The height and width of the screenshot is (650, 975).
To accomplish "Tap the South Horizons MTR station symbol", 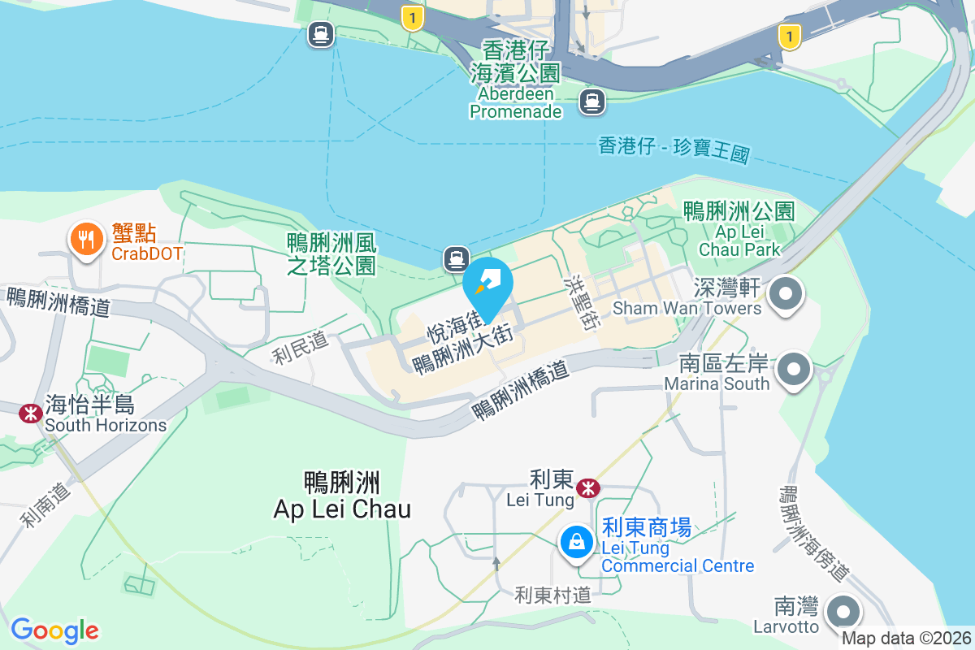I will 31,414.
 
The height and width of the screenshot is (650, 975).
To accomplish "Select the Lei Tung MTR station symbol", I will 587,487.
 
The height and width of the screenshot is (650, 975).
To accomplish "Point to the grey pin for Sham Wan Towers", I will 786,293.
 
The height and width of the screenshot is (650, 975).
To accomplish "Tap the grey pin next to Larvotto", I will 843,612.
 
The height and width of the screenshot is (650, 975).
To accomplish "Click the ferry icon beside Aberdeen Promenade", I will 591,102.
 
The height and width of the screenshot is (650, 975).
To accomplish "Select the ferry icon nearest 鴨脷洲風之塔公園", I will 456,259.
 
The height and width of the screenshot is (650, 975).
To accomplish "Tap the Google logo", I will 55,630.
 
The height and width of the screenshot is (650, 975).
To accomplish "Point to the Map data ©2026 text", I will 905,638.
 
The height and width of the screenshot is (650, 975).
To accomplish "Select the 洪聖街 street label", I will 583,301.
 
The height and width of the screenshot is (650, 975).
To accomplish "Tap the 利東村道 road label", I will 552,595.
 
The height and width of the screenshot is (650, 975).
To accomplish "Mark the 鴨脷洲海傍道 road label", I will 813,533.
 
